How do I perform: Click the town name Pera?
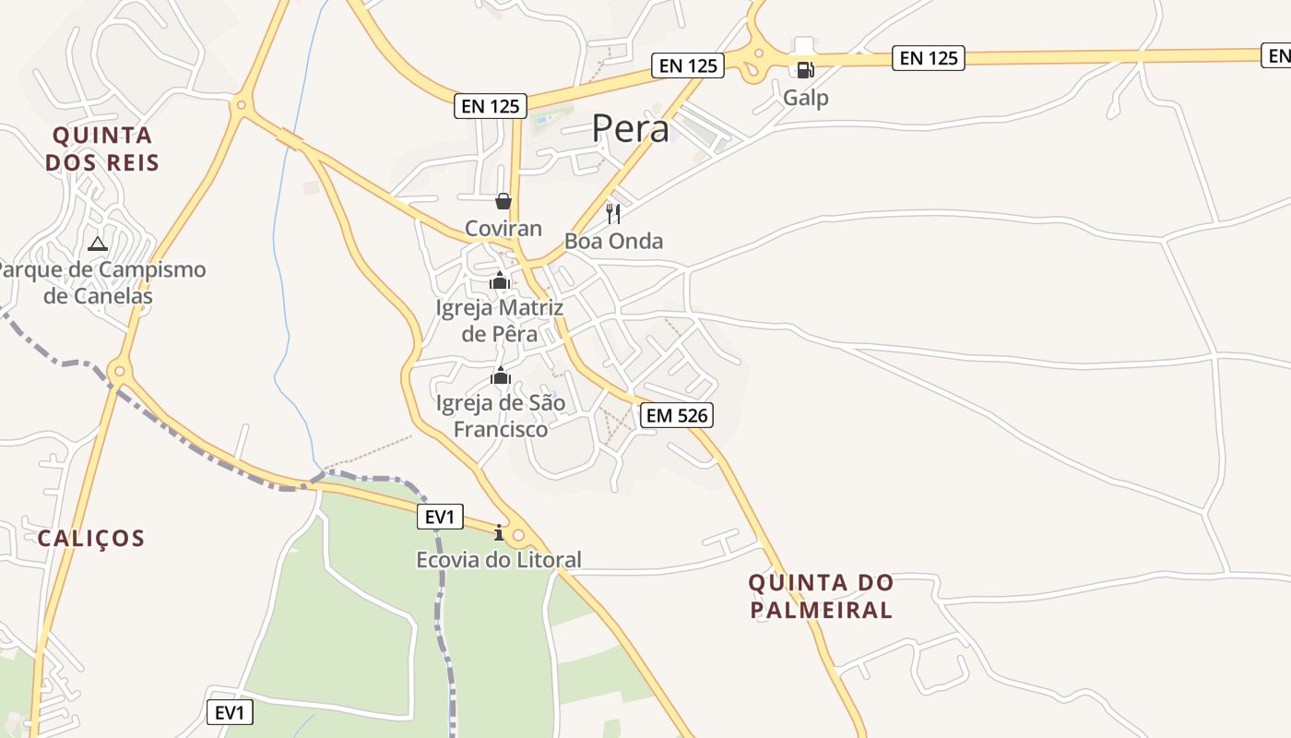click(631, 128)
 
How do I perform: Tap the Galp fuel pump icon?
click(804, 69)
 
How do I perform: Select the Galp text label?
click(806, 97)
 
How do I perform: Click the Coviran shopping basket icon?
click(503, 200)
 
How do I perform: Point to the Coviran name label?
click(503, 228)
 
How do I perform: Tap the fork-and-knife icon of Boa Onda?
click(613, 214)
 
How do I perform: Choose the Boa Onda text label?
click(614, 242)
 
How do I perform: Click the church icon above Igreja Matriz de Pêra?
click(500, 280)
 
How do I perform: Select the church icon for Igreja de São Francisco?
click(501, 375)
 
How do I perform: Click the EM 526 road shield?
click(678, 415)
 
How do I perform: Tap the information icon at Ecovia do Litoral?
click(499, 532)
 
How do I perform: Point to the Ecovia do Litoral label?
click(499, 560)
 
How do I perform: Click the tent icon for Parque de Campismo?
click(98, 244)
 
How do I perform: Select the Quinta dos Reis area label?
click(102, 149)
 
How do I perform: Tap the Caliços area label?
click(91, 538)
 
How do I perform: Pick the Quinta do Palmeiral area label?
click(821, 596)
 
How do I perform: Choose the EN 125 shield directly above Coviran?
click(492, 106)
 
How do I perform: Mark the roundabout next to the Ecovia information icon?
click(518, 534)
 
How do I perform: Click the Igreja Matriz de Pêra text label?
click(500, 320)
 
